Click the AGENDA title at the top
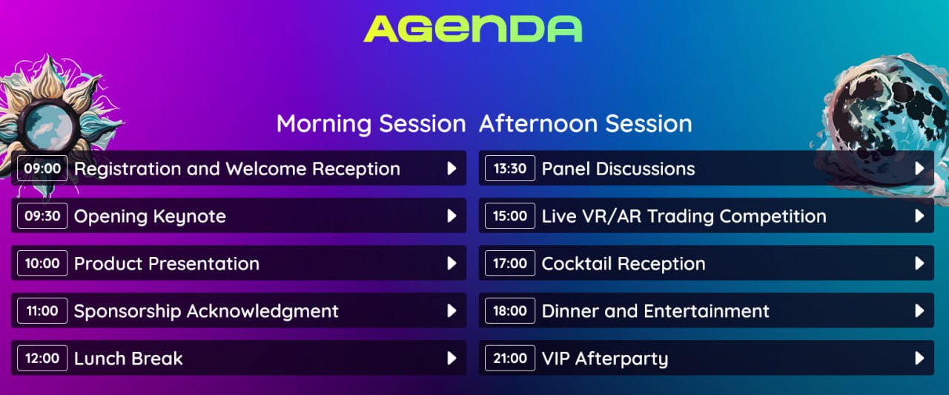[x=473, y=29]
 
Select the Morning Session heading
[x=371, y=124]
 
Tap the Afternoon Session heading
[x=586, y=124]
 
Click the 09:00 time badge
[x=42, y=169]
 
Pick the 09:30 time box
[x=42, y=216]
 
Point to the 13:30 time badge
[x=510, y=169]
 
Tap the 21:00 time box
[x=510, y=359]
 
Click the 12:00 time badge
[x=42, y=359]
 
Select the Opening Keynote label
[x=150, y=217]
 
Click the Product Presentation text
[x=167, y=264]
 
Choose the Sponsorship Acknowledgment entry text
[x=206, y=311]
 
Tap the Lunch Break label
[x=128, y=359]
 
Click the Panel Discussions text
[x=618, y=169]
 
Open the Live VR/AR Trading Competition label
[x=684, y=216]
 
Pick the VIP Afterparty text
[x=605, y=359]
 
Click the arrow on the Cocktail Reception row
[x=919, y=264]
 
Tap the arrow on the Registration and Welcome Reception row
[x=452, y=169]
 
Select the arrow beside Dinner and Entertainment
[x=919, y=311]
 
